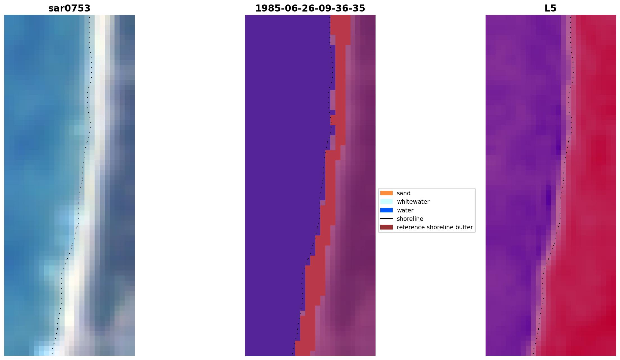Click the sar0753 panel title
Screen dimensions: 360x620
[x=69, y=8]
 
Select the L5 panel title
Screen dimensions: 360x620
[x=550, y=8]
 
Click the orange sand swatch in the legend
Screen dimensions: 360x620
[x=386, y=193]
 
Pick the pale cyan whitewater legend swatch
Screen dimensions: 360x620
[x=386, y=201]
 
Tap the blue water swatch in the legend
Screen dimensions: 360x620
[x=386, y=210]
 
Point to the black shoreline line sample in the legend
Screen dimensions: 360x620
[x=386, y=219]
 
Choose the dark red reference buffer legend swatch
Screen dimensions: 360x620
[x=386, y=227]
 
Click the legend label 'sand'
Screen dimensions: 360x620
[x=404, y=193]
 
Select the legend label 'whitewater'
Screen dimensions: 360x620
[x=413, y=202]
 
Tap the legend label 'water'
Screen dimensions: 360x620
[x=405, y=210]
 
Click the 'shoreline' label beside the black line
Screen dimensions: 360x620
[x=410, y=219]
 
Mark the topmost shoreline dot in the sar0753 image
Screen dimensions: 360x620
[x=89, y=17]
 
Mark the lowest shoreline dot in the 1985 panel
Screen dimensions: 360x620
[x=292, y=353]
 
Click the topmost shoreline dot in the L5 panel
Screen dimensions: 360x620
[x=571, y=17]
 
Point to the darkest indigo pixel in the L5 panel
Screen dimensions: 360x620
[x=548, y=198]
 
